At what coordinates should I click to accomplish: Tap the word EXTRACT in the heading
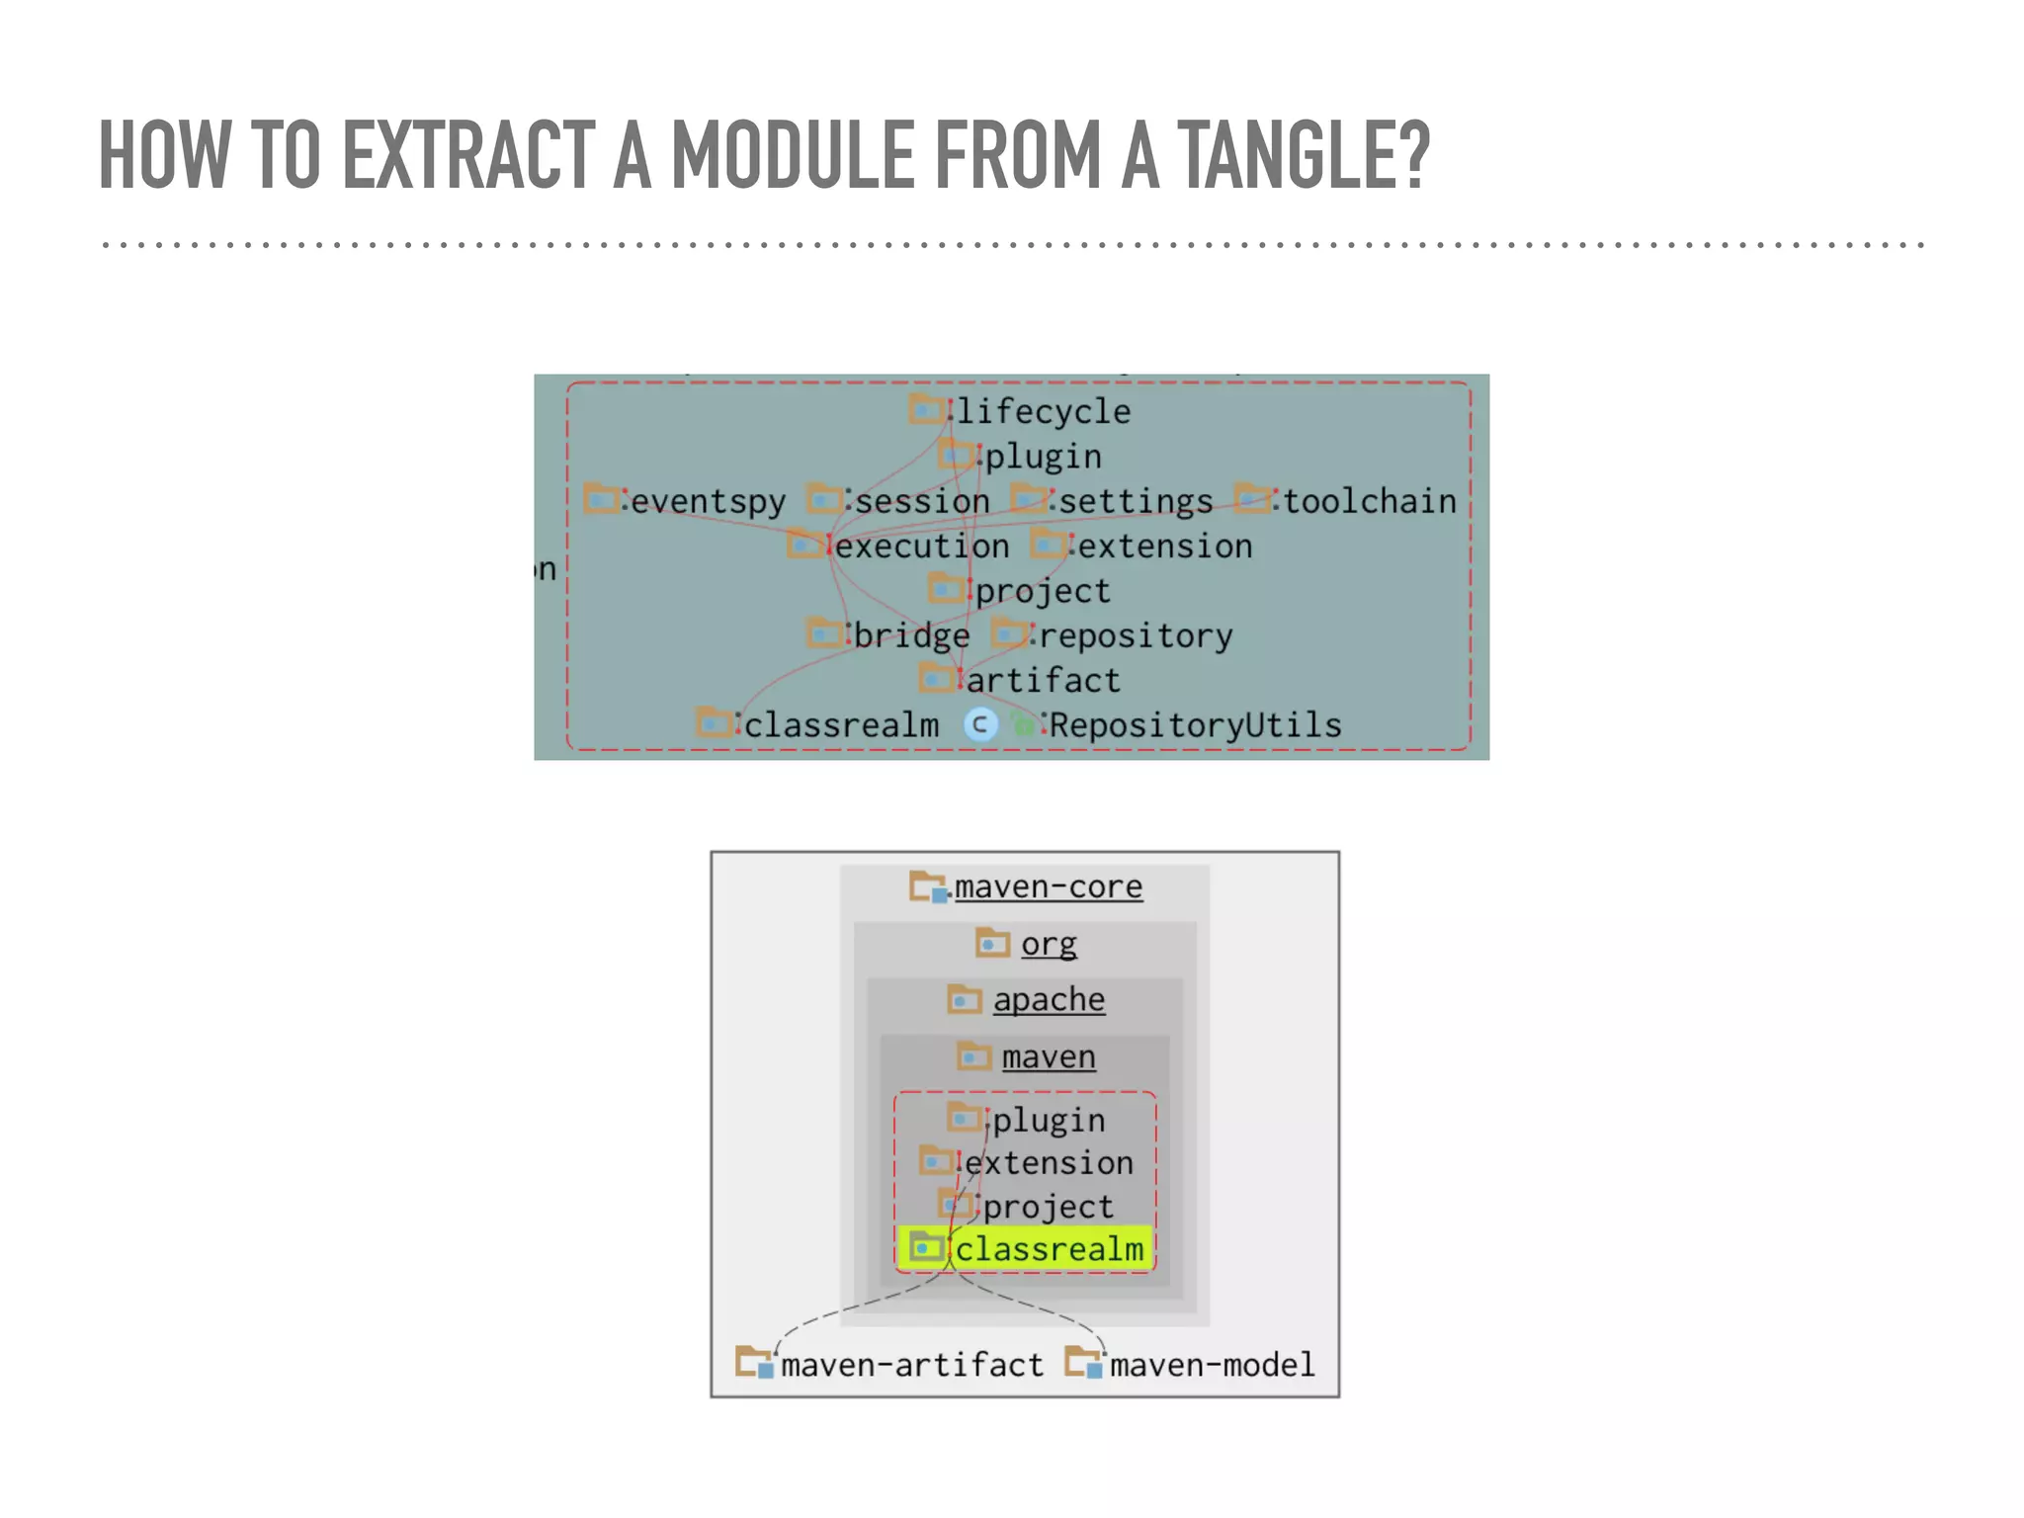468,155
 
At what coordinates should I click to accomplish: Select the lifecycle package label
1043,411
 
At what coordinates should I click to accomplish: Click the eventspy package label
708,502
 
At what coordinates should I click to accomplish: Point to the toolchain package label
1369,502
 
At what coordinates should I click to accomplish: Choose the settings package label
1136,502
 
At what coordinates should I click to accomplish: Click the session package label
921,502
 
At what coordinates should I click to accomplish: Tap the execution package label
922,547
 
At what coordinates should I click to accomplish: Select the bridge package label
911,635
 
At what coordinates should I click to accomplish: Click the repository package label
1136,635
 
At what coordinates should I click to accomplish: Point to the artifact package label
1043,681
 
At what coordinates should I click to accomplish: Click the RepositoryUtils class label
1195,725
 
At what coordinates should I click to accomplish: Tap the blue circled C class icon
980,725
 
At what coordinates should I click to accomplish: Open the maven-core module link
1048,886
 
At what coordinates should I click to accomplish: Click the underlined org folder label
1049,944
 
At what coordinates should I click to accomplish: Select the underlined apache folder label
1049,1000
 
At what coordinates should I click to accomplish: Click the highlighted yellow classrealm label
1049,1249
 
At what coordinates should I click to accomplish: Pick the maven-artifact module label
911,1365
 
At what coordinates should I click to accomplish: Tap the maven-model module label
1212,1365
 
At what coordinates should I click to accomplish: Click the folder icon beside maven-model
1084,1363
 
